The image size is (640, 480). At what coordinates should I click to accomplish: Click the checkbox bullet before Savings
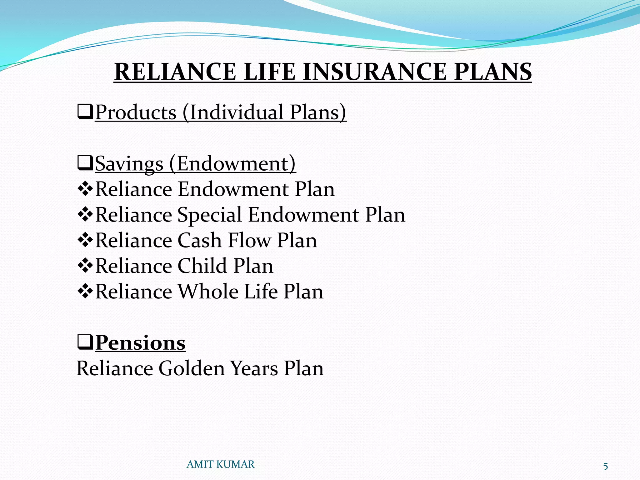[85, 163]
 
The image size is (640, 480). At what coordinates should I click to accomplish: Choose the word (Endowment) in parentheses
[232, 163]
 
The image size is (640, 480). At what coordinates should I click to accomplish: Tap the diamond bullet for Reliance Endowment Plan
[85, 189]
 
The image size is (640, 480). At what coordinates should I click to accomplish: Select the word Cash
[200, 240]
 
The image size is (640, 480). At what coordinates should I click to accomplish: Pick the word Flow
[250, 240]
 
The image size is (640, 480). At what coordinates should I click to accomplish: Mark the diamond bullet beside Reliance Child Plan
[85, 266]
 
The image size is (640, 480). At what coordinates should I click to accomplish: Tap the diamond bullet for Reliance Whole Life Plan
[85, 292]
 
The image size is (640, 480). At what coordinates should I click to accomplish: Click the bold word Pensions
[140, 343]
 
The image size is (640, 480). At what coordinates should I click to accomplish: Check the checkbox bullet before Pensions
[85, 343]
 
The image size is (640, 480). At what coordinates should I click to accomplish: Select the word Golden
[191, 368]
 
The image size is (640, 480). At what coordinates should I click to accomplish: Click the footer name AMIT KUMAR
[221, 464]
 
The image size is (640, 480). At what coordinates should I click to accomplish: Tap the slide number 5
[605, 467]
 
